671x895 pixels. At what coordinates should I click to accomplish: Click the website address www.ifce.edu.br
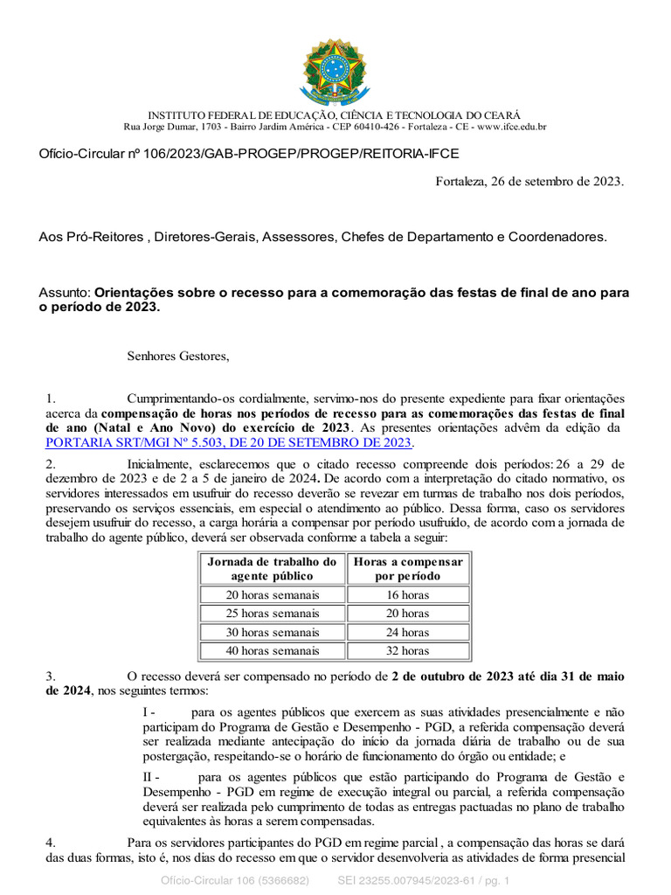[x=511, y=127]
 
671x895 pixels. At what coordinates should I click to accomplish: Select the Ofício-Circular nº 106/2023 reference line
[x=249, y=154]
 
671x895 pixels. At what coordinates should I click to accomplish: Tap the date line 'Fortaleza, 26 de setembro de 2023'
[x=529, y=181]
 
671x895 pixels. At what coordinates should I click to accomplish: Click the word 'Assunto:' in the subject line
[x=65, y=293]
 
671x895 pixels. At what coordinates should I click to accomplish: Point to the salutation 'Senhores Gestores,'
[x=178, y=356]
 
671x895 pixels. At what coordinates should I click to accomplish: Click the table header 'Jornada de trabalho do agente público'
[x=272, y=568]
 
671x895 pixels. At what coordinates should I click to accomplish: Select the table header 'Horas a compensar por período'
[x=408, y=568]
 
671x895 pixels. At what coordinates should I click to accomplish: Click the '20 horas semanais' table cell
[x=272, y=594]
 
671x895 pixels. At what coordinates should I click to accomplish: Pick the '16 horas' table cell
[x=408, y=594]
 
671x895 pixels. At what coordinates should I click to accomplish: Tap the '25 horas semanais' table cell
[x=272, y=614]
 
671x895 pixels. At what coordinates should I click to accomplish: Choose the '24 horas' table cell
[x=408, y=632]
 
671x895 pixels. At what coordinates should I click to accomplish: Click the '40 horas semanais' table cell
[x=272, y=650]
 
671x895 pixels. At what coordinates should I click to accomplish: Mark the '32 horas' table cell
[x=408, y=650]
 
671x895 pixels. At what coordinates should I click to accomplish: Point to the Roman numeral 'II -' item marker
[x=151, y=776]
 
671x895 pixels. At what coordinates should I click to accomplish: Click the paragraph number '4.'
[x=52, y=843]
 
